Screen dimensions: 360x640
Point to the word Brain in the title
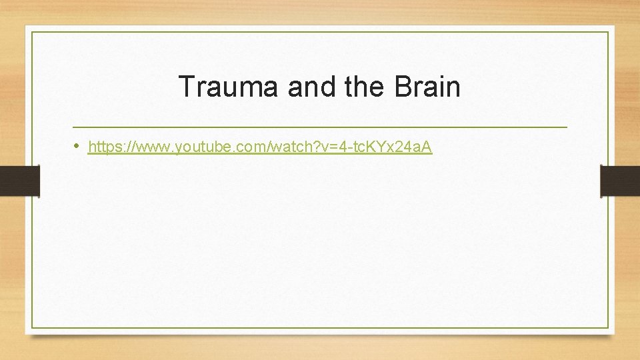(x=427, y=87)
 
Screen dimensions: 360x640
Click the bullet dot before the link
(x=78, y=146)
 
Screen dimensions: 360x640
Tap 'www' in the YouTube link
(x=151, y=147)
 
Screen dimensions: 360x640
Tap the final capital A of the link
(x=427, y=147)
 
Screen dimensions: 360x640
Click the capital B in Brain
(x=403, y=87)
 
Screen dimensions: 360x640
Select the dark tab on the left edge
(x=19, y=181)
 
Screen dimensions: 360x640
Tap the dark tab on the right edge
(x=620, y=181)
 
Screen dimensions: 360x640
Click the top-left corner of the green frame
(x=32, y=32)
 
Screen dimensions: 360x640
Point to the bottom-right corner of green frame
(x=609, y=328)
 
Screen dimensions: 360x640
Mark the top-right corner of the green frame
(x=609, y=32)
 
